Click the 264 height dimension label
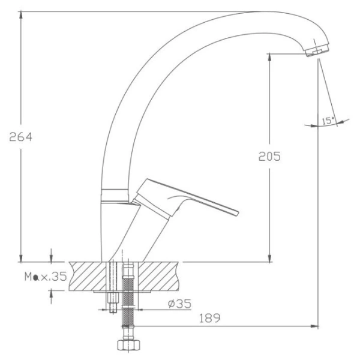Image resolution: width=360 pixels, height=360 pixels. coord(20,137)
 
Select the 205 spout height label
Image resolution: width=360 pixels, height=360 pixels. coord(269,157)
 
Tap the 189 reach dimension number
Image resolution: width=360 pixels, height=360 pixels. coord(209,318)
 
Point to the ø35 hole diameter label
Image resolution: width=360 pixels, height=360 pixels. coord(179,304)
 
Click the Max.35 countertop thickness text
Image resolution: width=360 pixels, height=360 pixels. coord(46,277)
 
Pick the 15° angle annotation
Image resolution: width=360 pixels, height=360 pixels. coord(328,121)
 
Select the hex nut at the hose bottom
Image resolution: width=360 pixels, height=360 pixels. coord(128,345)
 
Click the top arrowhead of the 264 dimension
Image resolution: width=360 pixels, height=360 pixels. coord(21,15)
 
